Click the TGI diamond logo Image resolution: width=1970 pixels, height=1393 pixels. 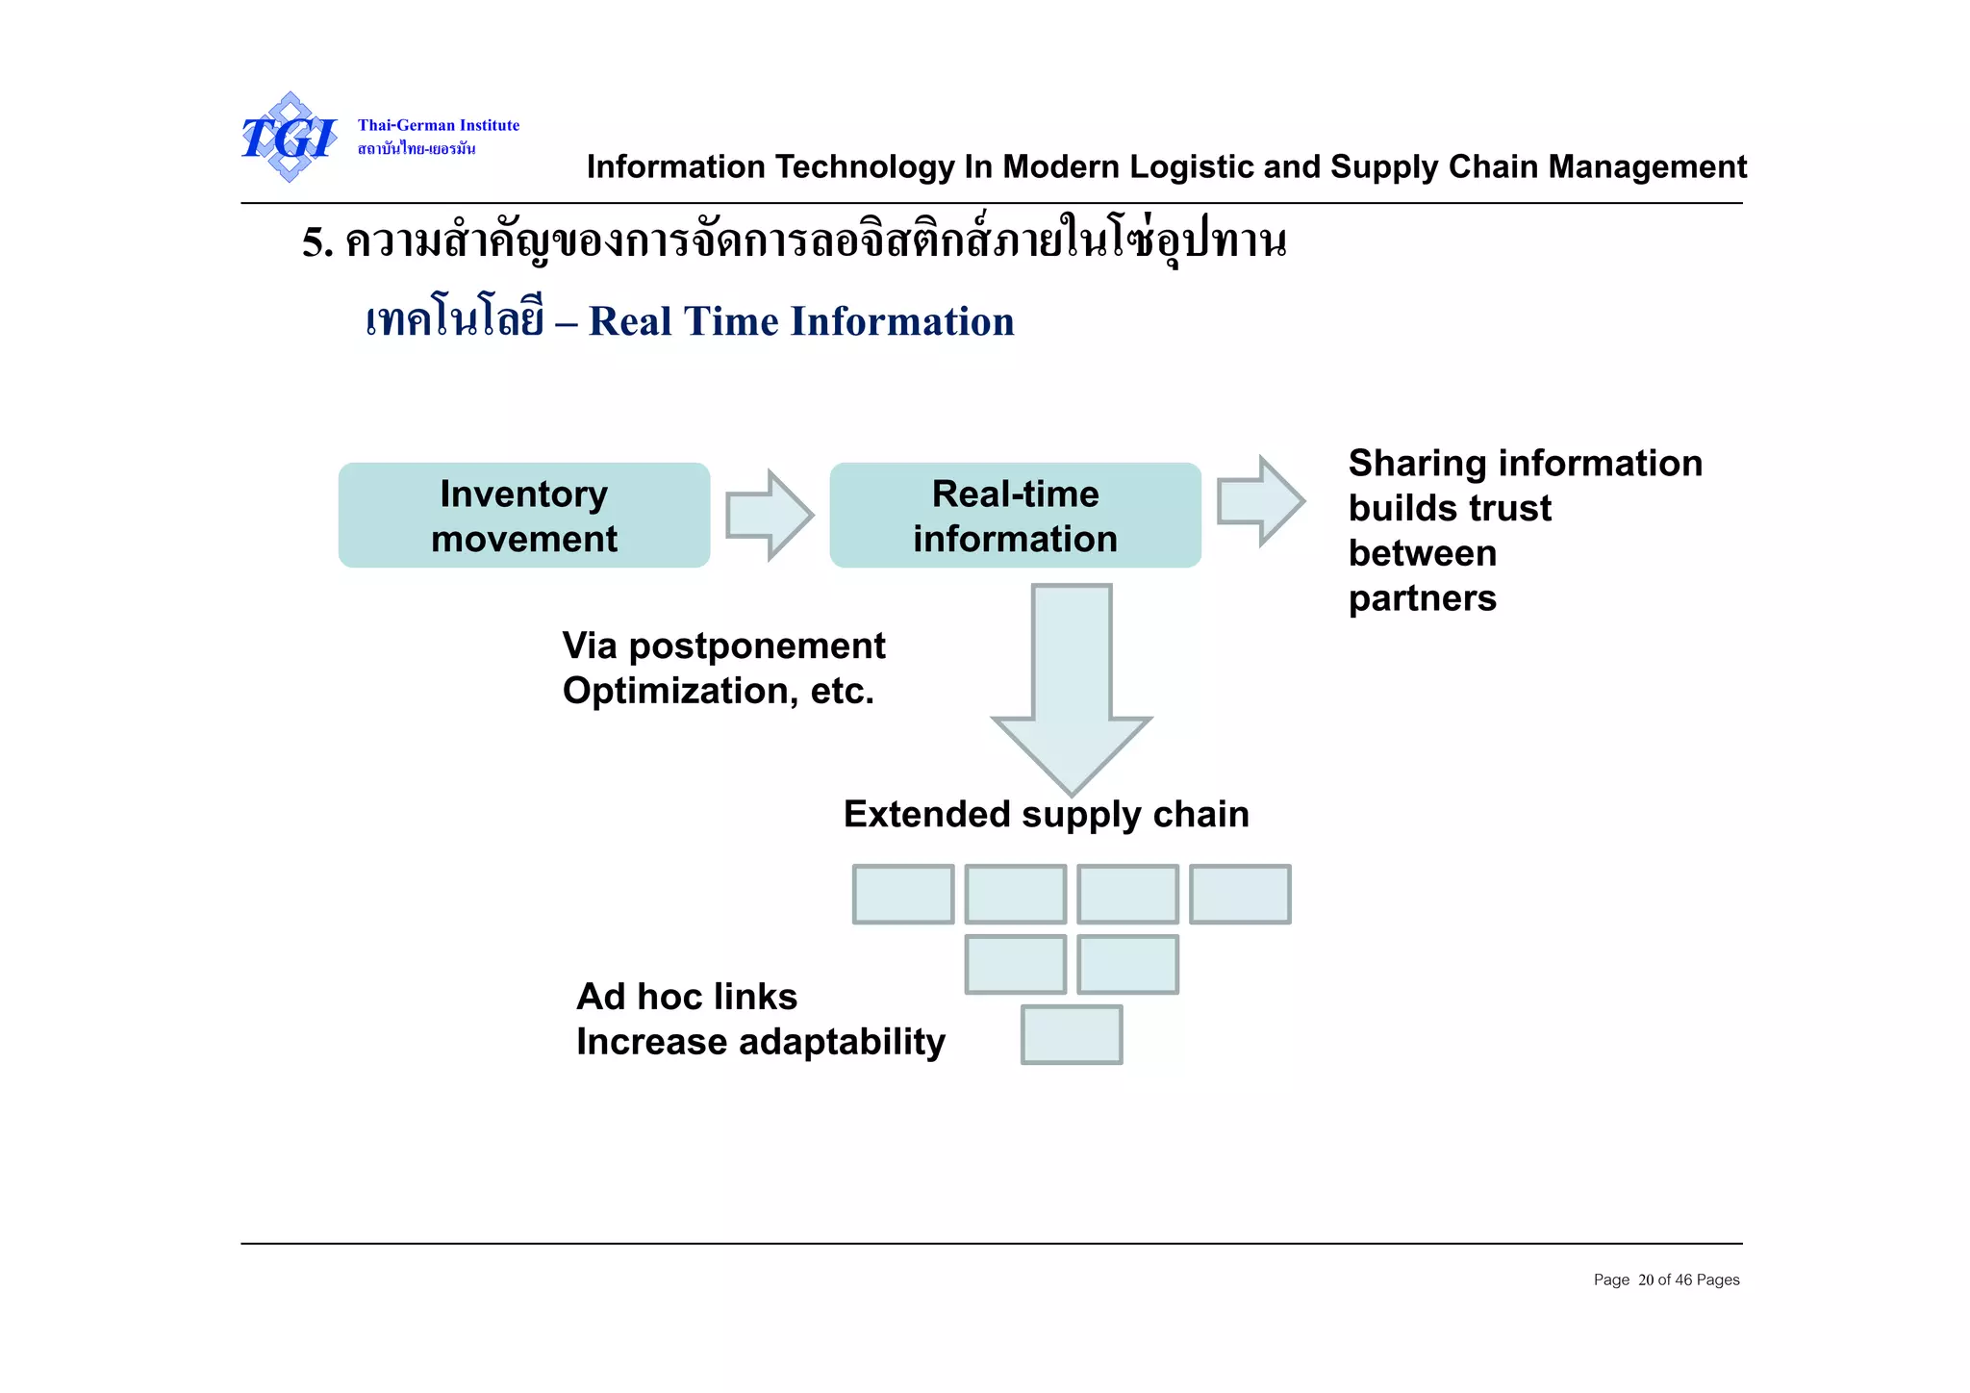point(289,138)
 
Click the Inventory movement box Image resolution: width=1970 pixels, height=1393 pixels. point(524,516)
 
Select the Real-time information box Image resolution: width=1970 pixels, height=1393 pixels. point(1015,516)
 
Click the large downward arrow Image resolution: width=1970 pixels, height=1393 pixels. point(1072,688)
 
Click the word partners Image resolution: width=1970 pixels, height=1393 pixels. point(1422,599)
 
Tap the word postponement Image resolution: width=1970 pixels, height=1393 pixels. point(756,646)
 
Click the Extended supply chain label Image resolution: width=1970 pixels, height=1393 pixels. point(1046,815)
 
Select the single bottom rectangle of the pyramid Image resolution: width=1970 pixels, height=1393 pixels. point(1072,1034)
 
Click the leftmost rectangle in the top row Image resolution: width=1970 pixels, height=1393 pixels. point(903,895)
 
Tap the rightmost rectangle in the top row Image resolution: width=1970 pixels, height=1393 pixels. point(1240,895)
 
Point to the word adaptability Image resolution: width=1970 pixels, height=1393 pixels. point(842,1043)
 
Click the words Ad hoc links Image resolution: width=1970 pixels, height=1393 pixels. point(687,998)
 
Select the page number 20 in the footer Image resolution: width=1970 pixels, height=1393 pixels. point(1645,1280)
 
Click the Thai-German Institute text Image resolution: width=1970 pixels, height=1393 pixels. point(439,125)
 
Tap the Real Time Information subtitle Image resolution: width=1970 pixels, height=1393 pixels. point(801,322)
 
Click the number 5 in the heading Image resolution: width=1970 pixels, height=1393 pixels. point(313,242)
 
